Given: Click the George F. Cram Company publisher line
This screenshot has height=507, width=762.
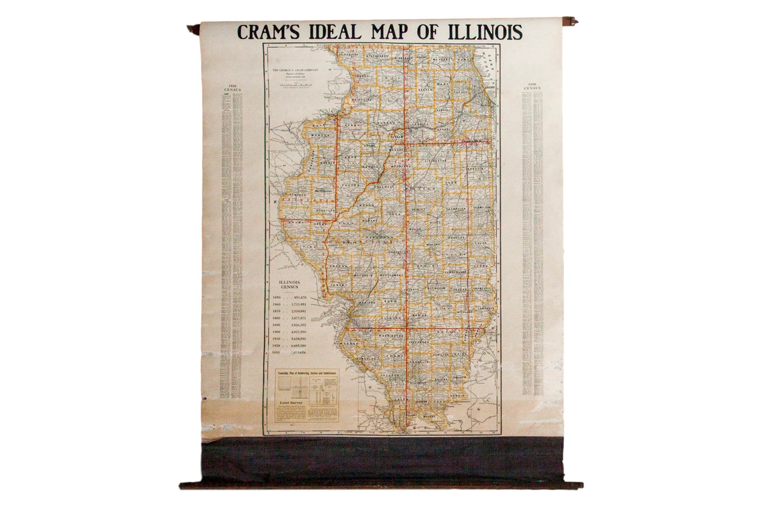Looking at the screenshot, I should pos(295,70).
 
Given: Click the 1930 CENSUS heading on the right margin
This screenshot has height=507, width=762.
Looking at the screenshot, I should pos(532,87).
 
